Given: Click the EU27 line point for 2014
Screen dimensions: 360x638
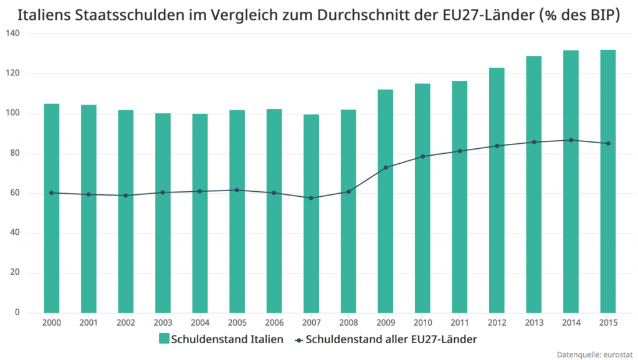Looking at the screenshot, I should point(571,140).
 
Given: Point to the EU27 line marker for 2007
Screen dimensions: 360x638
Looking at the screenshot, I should point(312,198).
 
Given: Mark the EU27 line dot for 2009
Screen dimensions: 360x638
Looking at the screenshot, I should point(386,168).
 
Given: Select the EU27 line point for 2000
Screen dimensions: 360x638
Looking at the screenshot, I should point(52,193).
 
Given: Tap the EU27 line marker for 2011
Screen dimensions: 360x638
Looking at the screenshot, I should point(460,151).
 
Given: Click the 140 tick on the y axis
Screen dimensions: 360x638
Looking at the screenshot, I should point(13,34).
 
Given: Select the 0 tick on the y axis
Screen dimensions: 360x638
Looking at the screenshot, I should point(17,313).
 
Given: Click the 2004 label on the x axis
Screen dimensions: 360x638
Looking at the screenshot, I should point(200,324).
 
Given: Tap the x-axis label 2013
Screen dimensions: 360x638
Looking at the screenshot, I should point(534,324).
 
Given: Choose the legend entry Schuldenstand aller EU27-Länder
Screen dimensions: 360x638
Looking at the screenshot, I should point(387,339).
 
